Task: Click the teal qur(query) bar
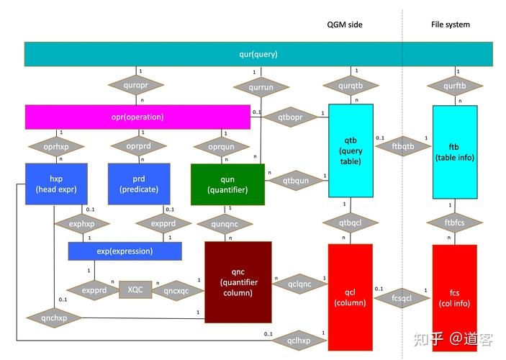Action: (x=258, y=54)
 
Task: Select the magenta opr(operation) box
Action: (x=137, y=117)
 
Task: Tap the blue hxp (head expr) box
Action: (x=56, y=184)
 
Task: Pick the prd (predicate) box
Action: (x=139, y=184)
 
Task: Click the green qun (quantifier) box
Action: (x=227, y=184)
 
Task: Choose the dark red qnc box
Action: (x=238, y=282)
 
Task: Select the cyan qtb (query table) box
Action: (x=351, y=150)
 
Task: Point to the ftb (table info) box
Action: (x=455, y=150)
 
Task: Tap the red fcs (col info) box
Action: (x=455, y=297)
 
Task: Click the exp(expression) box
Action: (x=125, y=251)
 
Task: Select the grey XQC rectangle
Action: (x=135, y=289)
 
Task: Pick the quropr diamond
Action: (x=137, y=86)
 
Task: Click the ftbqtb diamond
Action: (x=403, y=147)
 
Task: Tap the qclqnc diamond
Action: (x=299, y=284)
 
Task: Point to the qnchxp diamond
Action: (x=55, y=317)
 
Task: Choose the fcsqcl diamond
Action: (x=402, y=297)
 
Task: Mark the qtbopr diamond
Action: (x=287, y=117)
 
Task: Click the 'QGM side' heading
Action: (x=345, y=24)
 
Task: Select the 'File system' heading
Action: (x=451, y=24)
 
